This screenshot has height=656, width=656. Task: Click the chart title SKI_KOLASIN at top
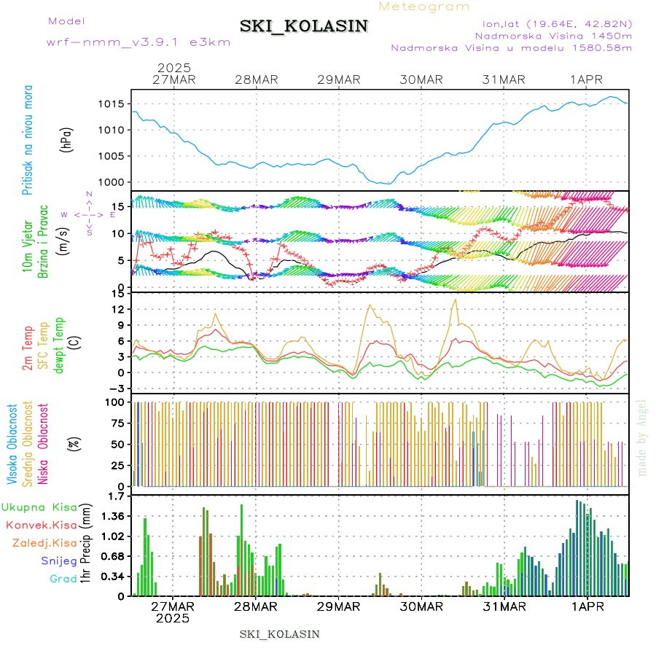click(304, 26)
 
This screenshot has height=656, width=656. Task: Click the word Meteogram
click(424, 7)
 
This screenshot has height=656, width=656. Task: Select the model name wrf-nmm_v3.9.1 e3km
click(138, 42)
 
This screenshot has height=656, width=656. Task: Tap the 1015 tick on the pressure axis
click(112, 104)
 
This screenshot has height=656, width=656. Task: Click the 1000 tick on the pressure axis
click(112, 182)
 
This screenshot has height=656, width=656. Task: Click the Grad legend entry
click(63, 579)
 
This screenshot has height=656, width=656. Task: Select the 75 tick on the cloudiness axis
click(114, 423)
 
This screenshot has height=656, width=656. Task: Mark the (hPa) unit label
click(66, 139)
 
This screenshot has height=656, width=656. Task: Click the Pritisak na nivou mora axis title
click(28, 140)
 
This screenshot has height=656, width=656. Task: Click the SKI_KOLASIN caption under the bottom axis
click(280, 634)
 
